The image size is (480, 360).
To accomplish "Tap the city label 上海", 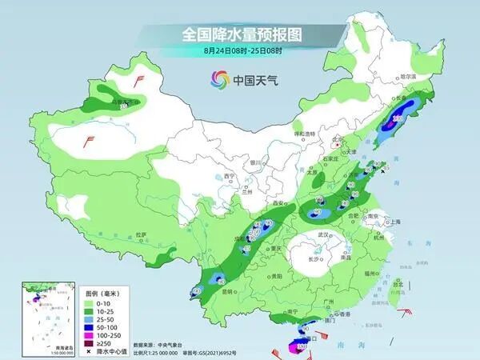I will click(393, 222).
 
